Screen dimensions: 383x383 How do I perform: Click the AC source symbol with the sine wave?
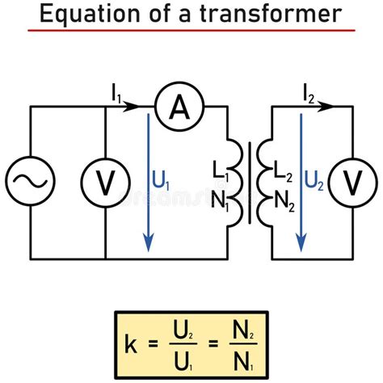31,183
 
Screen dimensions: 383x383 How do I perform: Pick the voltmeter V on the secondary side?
352,183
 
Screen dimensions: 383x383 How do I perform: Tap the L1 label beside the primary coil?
220,170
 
